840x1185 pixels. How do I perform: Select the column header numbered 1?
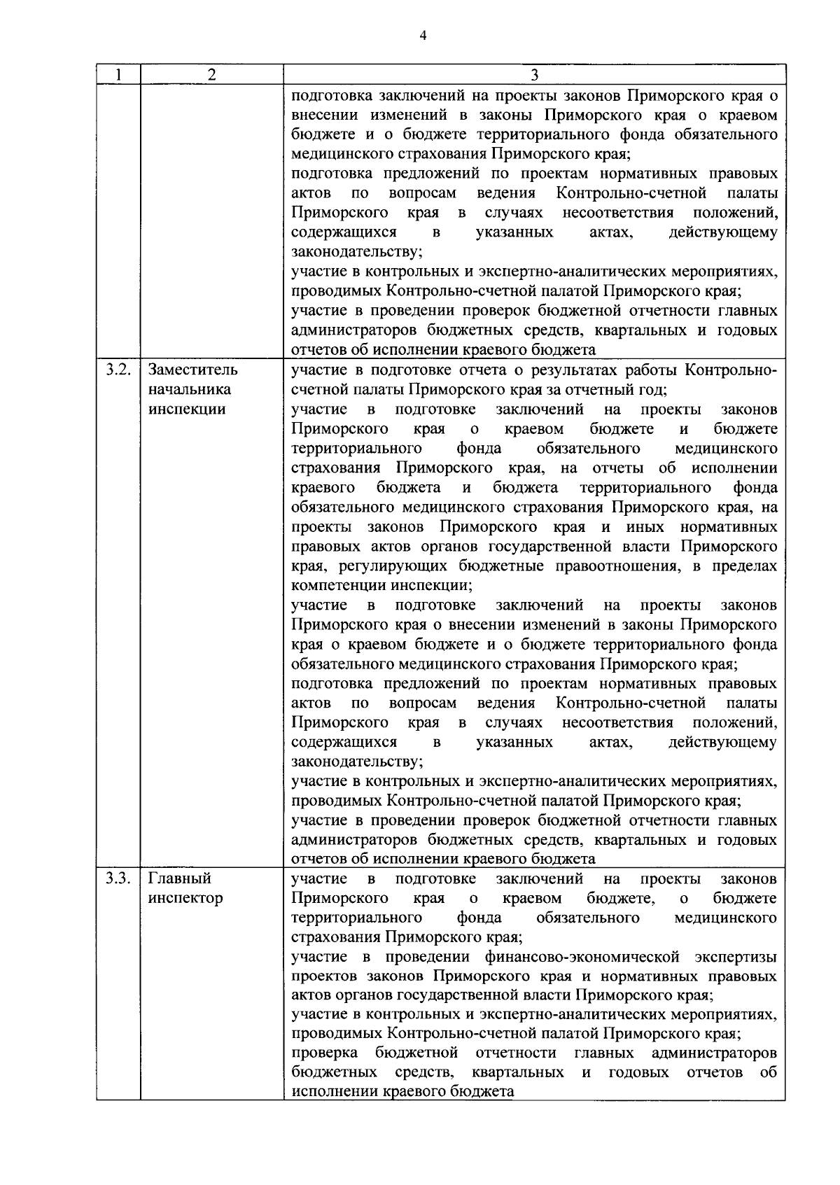click(x=118, y=75)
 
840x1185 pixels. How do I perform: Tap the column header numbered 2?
click(x=212, y=75)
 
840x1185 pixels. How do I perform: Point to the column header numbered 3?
click(x=535, y=75)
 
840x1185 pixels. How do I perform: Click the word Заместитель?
click(x=192, y=370)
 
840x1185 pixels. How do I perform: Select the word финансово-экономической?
click(x=582, y=956)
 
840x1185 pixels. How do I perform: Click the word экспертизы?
click(x=736, y=956)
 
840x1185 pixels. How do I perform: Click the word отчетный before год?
click(x=603, y=389)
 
